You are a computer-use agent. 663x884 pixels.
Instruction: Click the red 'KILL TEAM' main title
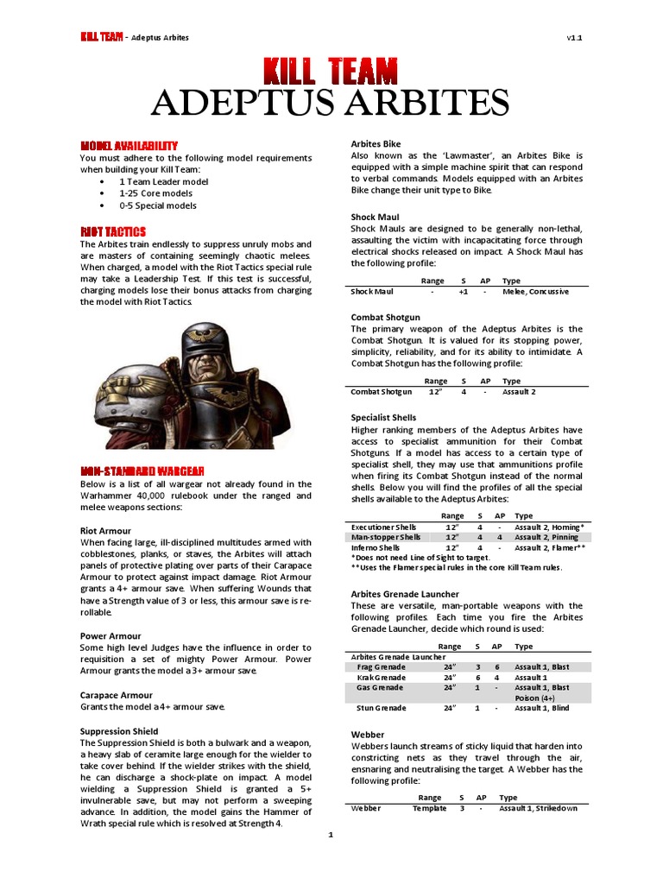(331, 71)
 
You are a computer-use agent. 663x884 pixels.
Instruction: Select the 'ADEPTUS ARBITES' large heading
(331, 104)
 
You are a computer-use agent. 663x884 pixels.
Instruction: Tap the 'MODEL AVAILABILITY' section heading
(129, 145)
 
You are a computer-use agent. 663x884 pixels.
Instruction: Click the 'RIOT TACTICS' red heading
(113, 231)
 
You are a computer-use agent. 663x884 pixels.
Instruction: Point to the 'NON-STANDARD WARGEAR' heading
(142, 470)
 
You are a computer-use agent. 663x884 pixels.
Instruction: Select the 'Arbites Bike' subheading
(376, 143)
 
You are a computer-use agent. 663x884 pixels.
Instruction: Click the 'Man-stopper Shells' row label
(386, 537)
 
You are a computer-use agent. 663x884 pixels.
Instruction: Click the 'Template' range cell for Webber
(429, 808)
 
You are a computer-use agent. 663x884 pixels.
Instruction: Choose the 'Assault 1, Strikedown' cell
(538, 808)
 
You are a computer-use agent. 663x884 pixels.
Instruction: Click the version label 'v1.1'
(575, 38)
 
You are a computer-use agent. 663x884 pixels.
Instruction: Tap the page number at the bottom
(331, 836)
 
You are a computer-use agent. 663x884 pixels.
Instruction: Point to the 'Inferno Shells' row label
(376, 547)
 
